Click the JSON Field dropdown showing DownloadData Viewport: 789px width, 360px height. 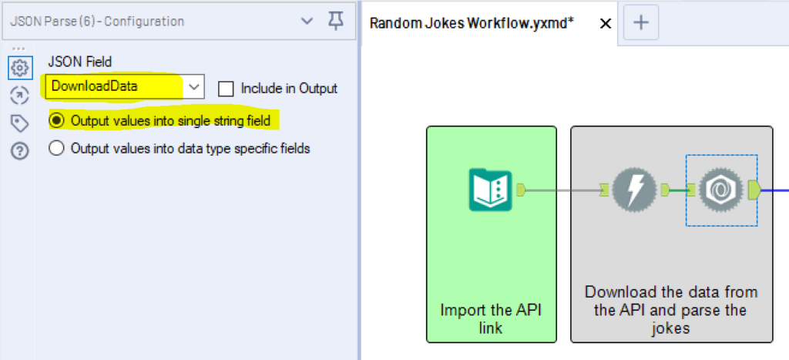(x=125, y=86)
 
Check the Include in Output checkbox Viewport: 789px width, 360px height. (x=226, y=89)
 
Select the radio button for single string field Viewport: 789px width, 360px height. (x=58, y=121)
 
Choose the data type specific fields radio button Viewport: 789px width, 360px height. (x=57, y=149)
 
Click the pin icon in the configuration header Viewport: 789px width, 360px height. (x=336, y=21)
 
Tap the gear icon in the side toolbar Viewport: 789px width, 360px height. (x=20, y=67)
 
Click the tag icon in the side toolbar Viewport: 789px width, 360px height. (x=20, y=123)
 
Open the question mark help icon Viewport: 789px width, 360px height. (x=20, y=151)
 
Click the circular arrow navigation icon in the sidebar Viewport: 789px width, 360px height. (x=20, y=95)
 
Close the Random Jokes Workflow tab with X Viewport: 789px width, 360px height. (x=606, y=23)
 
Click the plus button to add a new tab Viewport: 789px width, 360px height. (x=641, y=22)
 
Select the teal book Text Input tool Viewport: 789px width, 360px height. (x=490, y=190)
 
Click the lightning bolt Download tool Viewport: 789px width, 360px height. (x=635, y=190)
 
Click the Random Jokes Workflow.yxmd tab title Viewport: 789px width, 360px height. (x=472, y=23)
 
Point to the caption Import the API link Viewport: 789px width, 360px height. (x=491, y=318)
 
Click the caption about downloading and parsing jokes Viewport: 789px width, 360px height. (x=671, y=310)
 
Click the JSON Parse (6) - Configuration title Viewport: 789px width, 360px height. (x=97, y=22)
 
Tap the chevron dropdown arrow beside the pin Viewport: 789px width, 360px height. (x=307, y=21)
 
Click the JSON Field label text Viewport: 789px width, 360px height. (x=80, y=62)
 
